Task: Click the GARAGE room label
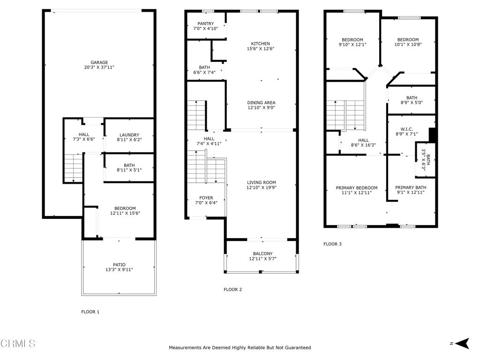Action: (99, 62)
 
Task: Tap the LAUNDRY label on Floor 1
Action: (129, 135)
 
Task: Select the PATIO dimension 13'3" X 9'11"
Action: (119, 270)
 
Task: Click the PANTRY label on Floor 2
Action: (206, 23)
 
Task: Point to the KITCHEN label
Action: (261, 44)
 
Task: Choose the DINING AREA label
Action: (262, 103)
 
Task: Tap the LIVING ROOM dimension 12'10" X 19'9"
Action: (262, 187)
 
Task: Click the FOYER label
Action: (206, 198)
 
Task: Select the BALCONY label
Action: (262, 254)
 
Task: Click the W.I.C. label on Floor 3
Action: (407, 129)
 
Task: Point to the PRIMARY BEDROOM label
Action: (357, 188)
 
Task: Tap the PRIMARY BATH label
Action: (411, 187)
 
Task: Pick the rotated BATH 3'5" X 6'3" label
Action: (426, 159)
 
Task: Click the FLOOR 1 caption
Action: (90, 312)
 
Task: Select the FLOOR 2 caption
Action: (232, 290)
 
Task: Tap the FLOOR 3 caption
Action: (332, 244)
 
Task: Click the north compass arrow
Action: (462, 343)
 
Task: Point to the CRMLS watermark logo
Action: (18, 343)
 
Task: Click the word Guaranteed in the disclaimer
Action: (298, 347)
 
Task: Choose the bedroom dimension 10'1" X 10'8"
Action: (408, 44)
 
